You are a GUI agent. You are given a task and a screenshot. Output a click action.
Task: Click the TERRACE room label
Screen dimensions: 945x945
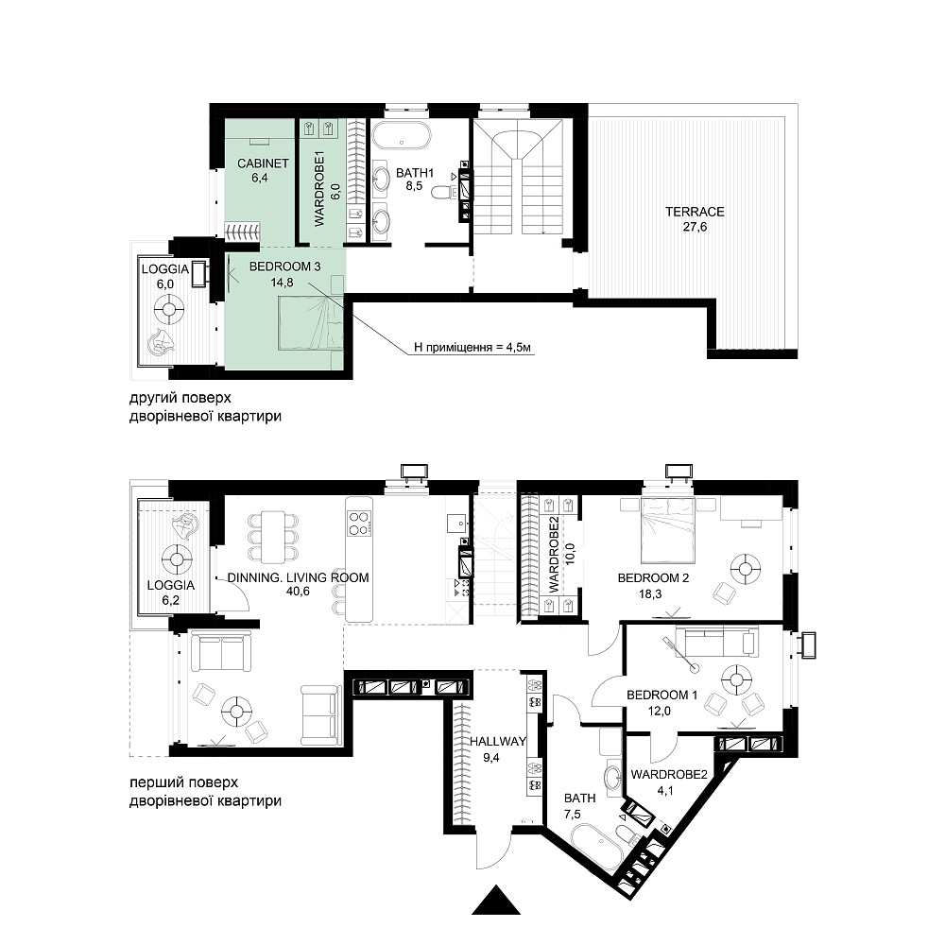pos(695,212)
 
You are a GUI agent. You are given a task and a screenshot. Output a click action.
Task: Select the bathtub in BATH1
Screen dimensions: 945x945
pos(401,135)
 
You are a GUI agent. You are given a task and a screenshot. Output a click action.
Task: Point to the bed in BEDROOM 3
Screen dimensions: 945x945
pos(310,323)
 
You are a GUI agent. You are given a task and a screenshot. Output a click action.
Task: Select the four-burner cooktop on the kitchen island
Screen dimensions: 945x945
pos(359,524)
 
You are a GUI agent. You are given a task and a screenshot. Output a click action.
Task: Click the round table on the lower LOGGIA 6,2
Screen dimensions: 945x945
pos(177,559)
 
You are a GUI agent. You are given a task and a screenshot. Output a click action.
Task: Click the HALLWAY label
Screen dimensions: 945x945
pos(498,742)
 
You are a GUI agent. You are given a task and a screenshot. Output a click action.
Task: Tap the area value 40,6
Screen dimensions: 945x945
pos(298,592)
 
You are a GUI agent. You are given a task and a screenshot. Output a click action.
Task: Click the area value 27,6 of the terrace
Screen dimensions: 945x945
pos(695,227)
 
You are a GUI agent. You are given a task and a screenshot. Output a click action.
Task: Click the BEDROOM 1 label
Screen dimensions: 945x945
pos(661,695)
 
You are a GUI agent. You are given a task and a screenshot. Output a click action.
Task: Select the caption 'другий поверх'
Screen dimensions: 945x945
pos(180,399)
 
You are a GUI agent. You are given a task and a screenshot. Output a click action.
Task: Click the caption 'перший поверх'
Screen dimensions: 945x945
pos(184,782)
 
